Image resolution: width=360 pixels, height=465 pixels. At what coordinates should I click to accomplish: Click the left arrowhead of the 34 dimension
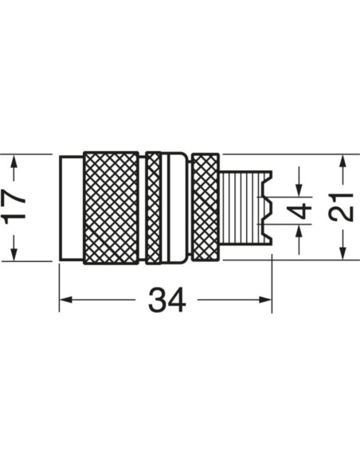click(65, 300)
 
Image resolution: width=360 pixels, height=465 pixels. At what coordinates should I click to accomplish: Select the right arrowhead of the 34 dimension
click(267, 300)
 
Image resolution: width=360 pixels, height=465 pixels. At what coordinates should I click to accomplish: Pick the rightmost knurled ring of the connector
click(205, 207)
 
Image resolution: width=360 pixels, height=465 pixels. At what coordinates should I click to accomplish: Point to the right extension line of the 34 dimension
click(272, 279)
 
